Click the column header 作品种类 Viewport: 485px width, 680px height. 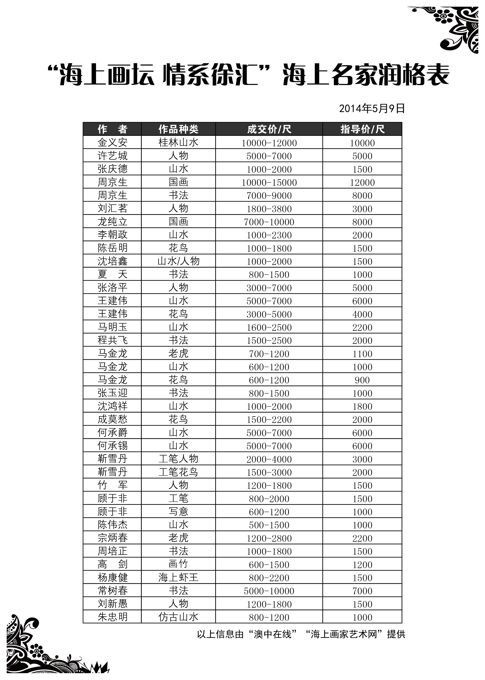coord(178,129)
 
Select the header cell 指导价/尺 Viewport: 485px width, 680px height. coord(362,129)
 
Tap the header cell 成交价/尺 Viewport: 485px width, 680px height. coord(269,129)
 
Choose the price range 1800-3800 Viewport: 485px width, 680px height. coord(269,209)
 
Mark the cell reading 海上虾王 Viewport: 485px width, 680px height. coord(178,578)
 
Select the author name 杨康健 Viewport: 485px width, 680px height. coord(112,578)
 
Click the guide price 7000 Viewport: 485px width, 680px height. coord(362,591)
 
